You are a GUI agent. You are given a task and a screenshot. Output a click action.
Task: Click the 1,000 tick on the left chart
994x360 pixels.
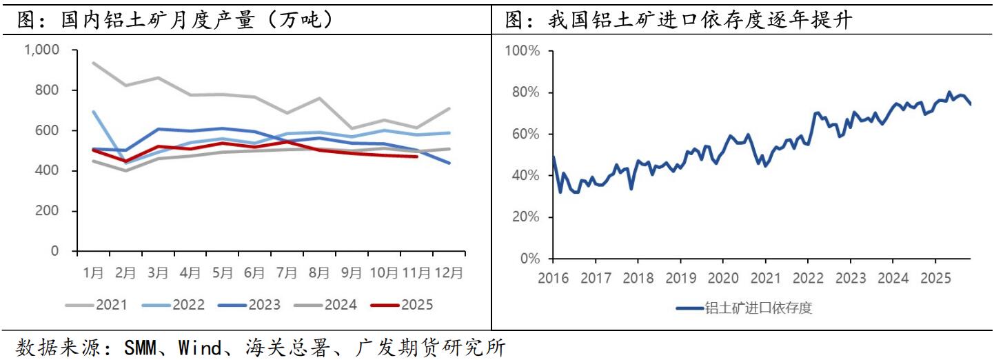(42, 50)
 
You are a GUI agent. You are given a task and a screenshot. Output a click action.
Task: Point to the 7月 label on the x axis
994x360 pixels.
(287, 272)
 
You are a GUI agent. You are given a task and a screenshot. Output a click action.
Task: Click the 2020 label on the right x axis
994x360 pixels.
(723, 279)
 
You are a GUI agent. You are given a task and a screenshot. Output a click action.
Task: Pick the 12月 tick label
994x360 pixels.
(449, 272)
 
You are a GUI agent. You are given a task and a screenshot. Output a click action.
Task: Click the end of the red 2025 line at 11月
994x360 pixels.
(416, 157)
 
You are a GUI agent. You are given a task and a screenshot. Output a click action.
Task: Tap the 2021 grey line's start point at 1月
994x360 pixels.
(93, 63)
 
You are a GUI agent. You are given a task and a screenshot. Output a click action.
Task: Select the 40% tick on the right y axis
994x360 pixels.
(526, 176)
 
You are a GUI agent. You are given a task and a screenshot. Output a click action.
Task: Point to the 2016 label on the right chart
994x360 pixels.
(553, 279)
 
